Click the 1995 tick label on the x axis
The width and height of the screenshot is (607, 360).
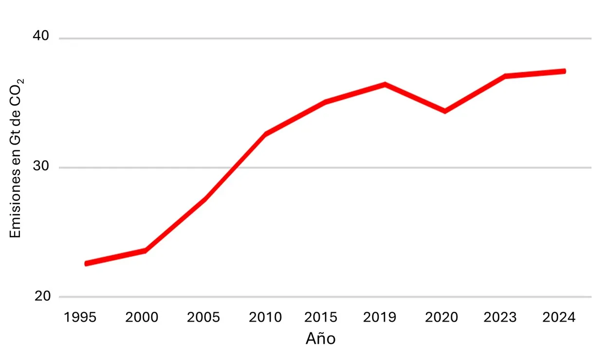80,318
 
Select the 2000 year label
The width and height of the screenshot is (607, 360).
142,318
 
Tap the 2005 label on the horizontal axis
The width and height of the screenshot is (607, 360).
203,318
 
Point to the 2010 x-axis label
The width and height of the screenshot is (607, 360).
265,318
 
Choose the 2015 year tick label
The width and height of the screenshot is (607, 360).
321,318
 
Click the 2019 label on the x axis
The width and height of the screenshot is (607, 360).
380,318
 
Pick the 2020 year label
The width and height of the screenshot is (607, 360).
441,318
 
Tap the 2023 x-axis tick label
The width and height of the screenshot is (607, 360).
499,318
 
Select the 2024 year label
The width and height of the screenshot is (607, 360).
559,318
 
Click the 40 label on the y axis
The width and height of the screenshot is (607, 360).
41,36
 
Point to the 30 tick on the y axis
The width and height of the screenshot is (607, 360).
41,166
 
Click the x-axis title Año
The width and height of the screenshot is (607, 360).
320,338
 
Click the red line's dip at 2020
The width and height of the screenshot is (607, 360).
445,111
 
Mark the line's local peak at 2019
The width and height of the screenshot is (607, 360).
385,85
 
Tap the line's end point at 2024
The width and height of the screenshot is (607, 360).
564,71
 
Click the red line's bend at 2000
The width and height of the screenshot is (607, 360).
145,251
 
